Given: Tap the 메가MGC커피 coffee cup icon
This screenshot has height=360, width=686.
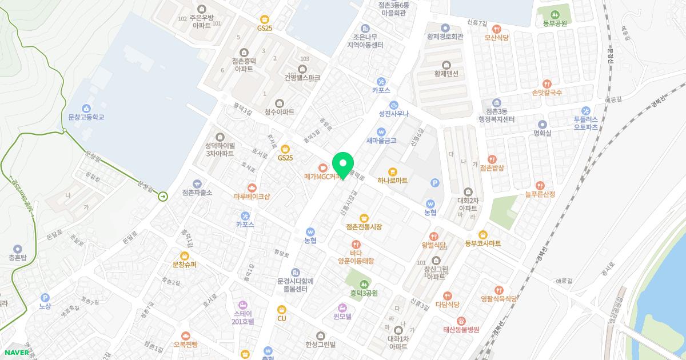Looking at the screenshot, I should [x=323, y=168].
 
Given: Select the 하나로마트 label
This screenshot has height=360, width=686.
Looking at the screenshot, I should [x=392, y=181].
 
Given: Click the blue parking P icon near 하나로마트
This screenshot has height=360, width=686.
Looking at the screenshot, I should [x=434, y=183].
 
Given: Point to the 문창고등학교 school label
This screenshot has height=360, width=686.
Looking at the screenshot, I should [x=86, y=117].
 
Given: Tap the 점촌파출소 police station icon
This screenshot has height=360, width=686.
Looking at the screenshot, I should [x=197, y=183].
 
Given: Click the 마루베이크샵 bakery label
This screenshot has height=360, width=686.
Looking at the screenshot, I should [x=252, y=197].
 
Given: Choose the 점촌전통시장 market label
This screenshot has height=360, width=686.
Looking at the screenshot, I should [x=364, y=227].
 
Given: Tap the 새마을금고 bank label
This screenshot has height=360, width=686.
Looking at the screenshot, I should [x=381, y=141].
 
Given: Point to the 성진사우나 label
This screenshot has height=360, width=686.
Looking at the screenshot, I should [x=394, y=114].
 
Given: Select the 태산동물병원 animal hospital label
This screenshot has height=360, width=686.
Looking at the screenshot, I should [x=461, y=330].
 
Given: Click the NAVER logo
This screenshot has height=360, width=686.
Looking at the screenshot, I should [x=15, y=352].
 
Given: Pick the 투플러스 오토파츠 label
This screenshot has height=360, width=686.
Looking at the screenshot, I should [x=586, y=123].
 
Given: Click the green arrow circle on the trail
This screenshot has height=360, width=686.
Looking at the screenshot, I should [x=163, y=197].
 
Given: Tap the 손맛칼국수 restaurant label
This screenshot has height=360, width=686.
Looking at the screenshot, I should [x=547, y=92].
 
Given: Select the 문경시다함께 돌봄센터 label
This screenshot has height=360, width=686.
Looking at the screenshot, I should [x=295, y=285].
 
